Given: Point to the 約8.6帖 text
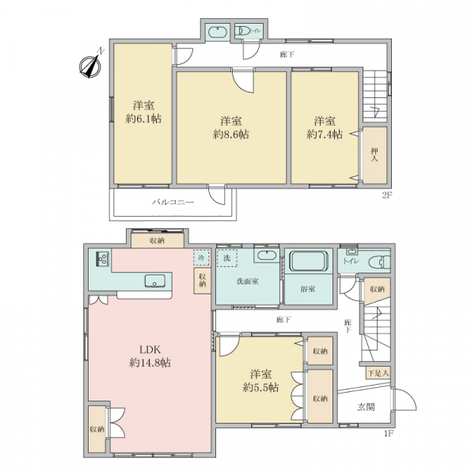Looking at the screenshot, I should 230,135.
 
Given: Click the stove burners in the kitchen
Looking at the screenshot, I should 102,259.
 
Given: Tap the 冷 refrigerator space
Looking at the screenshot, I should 201,258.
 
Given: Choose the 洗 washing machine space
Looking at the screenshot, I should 227,258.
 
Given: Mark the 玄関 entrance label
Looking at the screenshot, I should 366,408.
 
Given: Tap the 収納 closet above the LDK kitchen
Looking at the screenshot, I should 154,239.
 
